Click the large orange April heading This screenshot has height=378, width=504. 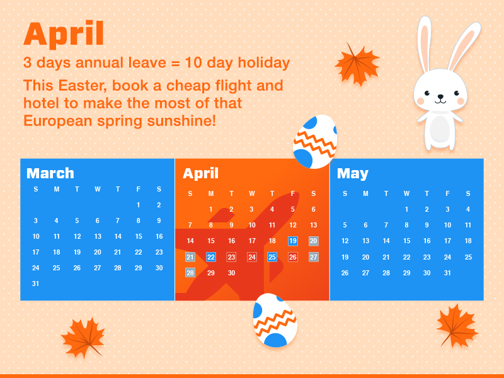coord(64,34)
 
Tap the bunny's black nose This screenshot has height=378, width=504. coord(440,96)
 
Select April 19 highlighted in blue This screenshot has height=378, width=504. coord(293,241)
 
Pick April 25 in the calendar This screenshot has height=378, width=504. coord(272,257)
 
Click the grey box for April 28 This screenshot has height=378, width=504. coord(190,273)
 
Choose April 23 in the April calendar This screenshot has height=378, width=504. coord(231,257)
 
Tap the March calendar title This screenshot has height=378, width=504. coord(50,173)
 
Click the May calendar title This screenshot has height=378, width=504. coord(353,174)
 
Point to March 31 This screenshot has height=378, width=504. coord(36,283)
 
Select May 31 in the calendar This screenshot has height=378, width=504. coord(447,273)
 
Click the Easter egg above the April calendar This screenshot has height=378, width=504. coord(315,141)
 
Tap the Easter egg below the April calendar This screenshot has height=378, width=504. coord(275,320)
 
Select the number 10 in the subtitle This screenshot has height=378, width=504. coord(193,62)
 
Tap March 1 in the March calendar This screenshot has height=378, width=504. coord(138,205)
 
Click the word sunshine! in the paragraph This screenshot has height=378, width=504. coord(181,121)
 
